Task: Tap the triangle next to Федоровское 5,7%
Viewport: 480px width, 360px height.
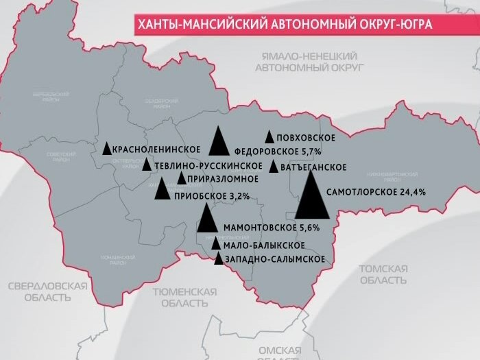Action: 219,143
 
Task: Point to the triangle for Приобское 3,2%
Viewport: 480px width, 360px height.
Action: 163,189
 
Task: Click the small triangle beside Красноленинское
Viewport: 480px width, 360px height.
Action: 106,148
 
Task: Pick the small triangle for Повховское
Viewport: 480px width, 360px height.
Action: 269,137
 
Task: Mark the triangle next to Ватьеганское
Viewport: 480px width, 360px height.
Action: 274,167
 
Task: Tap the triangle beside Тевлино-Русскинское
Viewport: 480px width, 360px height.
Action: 147,165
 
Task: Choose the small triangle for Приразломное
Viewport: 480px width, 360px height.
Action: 181,179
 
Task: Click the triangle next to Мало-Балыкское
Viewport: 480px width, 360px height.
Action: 216,244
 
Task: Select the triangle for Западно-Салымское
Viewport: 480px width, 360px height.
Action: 219,259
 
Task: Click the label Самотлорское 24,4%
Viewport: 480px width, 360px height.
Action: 376,192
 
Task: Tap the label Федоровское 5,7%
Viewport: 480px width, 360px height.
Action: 278,151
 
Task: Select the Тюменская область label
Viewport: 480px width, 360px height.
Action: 184,297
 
